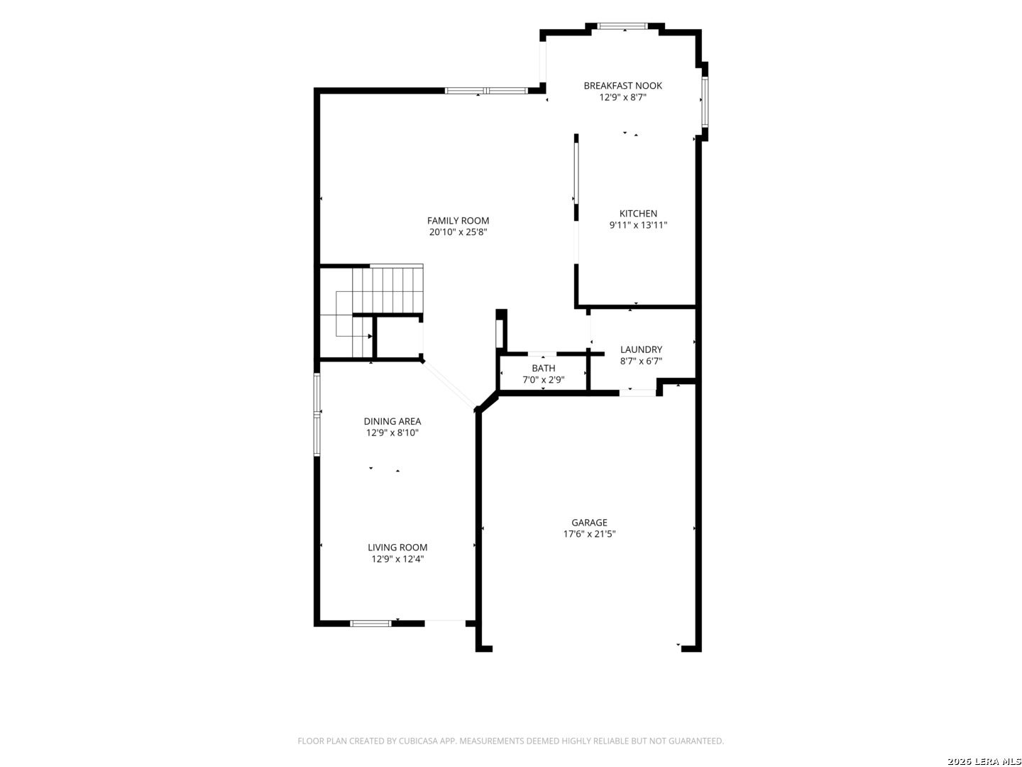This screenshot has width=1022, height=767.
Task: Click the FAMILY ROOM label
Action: click(x=458, y=221)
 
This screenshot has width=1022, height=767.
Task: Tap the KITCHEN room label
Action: click(x=638, y=214)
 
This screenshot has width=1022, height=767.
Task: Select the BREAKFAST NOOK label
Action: click(x=622, y=86)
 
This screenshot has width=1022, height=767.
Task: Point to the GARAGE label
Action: click(x=589, y=523)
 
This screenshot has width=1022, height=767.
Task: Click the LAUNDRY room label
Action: click(x=641, y=349)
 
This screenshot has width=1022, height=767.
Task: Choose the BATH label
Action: click(x=543, y=369)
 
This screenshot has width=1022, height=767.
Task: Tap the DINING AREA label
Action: click(x=392, y=421)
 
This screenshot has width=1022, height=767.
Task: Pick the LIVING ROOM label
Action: click(x=397, y=548)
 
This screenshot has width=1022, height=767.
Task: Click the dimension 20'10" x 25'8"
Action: click(x=458, y=232)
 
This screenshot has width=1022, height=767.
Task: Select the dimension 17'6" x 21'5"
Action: click(x=589, y=534)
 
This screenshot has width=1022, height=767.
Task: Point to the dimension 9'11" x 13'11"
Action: click(x=638, y=225)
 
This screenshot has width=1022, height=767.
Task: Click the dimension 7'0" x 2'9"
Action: click(x=543, y=380)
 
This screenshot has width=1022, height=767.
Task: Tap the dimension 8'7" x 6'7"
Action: click(x=641, y=361)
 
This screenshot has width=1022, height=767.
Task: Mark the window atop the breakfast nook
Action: click(x=622, y=26)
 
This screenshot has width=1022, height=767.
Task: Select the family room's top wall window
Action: click(x=486, y=91)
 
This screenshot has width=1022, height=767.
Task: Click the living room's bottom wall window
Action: click(x=370, y=624)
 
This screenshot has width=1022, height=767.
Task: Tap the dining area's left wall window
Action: click(x=317, y=414)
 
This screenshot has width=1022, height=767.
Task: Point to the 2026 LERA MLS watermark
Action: click(x=984, y=761)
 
